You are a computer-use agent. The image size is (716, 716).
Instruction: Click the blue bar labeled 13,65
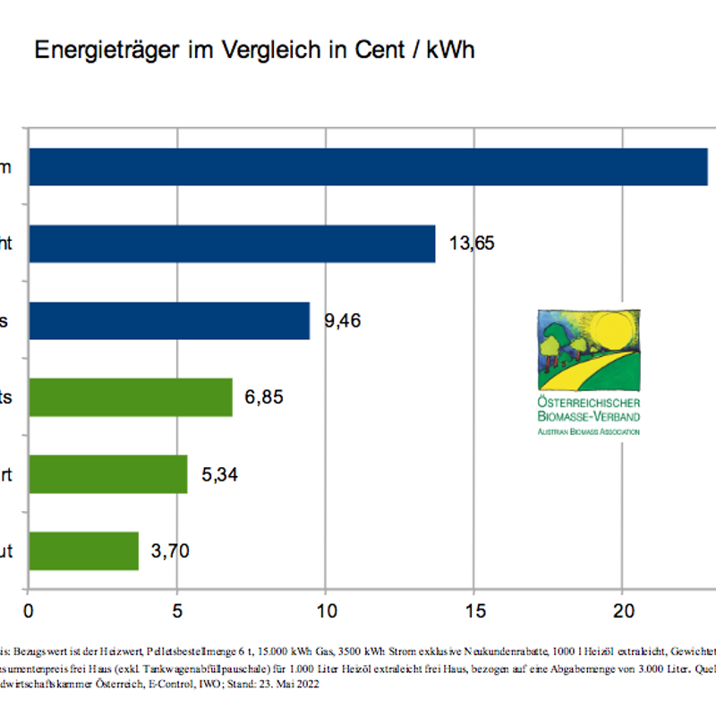pyautogui.click(x=233, y=243)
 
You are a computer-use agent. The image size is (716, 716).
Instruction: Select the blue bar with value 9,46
pyautogui.click(x=170, y=320)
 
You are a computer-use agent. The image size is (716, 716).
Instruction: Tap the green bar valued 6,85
pyautogui.click(x=131, y=397)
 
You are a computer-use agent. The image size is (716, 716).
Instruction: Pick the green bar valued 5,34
pyautogui.click(x=108, y=474)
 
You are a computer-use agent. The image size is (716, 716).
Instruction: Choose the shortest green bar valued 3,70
pyautogui.click(x=84, y=550)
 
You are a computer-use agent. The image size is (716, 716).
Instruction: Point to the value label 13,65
pyautogui.click(x=472, y=243)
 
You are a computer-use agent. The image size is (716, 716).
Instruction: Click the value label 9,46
pyautogui.click(x=343, y=320)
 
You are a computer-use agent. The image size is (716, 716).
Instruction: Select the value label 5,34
pyautogui.click(x=220, y=474)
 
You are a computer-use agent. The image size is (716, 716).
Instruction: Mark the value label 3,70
pyautogui.click(x=170, y=550)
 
